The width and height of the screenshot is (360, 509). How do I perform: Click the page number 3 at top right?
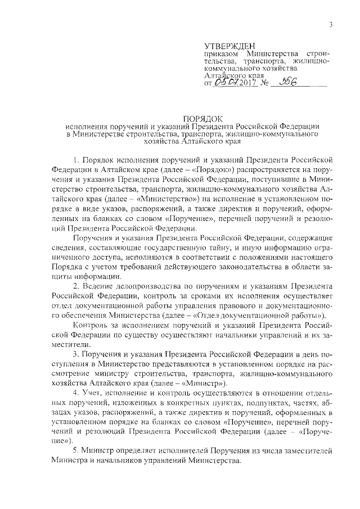331,24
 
